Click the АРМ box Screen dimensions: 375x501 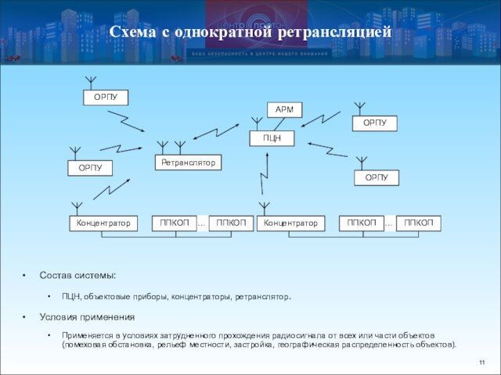(284, 110)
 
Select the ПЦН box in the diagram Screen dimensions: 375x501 (272, 138)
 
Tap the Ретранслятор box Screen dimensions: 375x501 (188, 162)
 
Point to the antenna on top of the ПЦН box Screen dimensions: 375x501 (256, 123)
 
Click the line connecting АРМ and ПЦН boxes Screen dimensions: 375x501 (278, 124)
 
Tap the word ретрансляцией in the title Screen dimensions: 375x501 (334, 32)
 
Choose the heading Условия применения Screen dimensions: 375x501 (87, 317)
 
